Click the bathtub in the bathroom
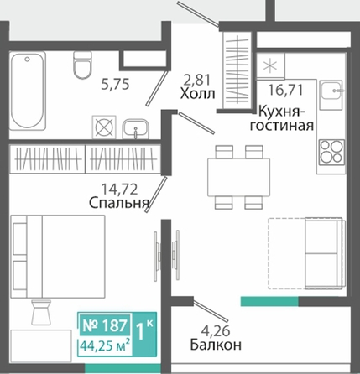(x=28, y=91)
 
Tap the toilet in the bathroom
(x=82, y=65)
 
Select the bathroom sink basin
(x=136, y=129)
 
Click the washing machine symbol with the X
(x=104, y=127)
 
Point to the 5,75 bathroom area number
(x=115, y=84)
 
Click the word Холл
(x=197, y=94)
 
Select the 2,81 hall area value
(x=196, y=80)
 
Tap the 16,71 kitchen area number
(x=285, y=90)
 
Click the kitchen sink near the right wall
(x=331, y=95)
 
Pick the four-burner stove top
(x=331, y=152)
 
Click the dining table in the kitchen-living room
(x=238, y=177)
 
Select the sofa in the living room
(x=325, y=253)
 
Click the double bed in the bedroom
(x=58, y=257)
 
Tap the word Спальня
(x=118, y=203)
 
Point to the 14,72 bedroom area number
(x=119, y=190)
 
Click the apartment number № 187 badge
(x=105, y=325)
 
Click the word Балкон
(x=216, y=345)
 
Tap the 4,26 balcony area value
(x=216, y=330)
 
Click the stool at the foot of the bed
(x=41, y=312)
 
